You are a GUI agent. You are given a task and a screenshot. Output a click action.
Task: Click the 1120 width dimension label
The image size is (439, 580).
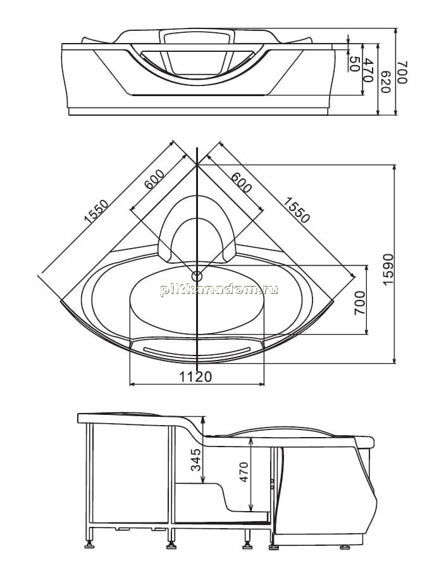tap(195, 376)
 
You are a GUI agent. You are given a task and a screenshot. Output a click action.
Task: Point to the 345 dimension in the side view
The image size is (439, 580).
tap(195, 459)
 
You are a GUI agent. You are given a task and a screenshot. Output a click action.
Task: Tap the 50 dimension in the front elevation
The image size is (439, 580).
tap(354, 65)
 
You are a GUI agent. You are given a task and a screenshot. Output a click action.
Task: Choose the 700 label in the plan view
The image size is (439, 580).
tap(359, 303)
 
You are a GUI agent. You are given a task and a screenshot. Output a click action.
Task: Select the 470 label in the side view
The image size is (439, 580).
tap(244, 472)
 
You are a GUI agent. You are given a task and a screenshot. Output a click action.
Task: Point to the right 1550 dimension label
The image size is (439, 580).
tap(296, 210)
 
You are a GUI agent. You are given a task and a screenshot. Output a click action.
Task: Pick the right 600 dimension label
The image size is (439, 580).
tap(241, 183)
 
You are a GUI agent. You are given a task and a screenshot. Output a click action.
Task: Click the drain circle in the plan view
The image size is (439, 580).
tap(197, 276)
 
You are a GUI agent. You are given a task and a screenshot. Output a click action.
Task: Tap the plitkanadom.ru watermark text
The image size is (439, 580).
tap(219, 290)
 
